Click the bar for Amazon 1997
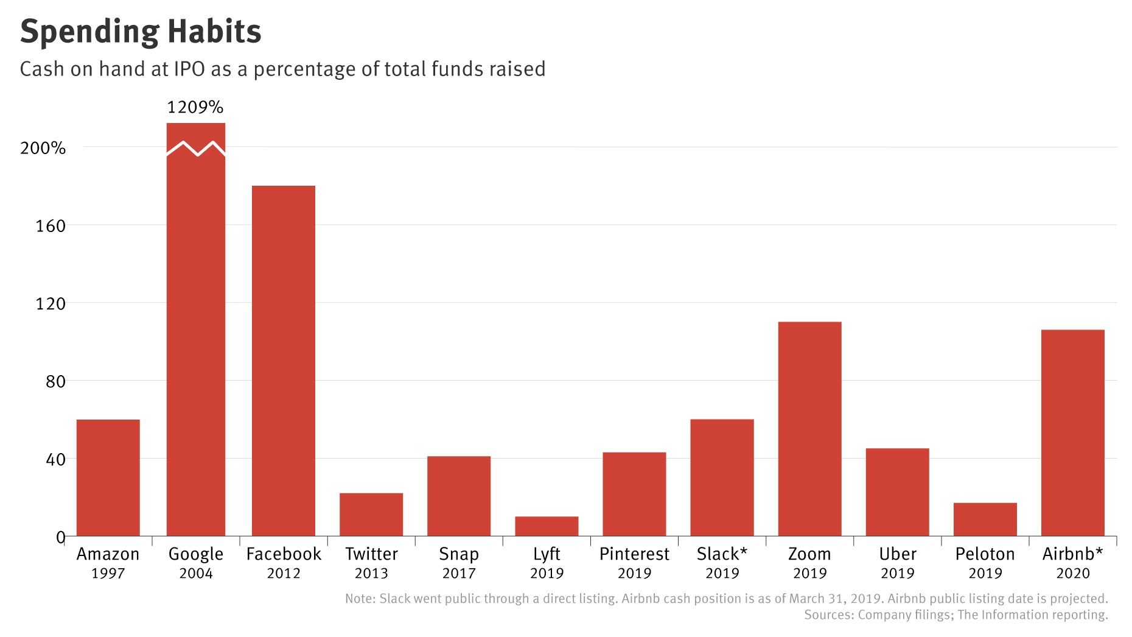[x=108, y=477]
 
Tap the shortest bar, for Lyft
[x=547, y=526]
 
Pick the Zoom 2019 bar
[x=809, y=429]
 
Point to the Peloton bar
[x=985, y=519]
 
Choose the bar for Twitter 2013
[x=371, y=515]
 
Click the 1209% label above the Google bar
[x=195, y=107]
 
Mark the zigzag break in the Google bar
[x=196, y=149]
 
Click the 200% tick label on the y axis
[x=43, y=148]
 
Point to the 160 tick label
[x=51, y=226]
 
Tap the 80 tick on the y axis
[x=55, y=382]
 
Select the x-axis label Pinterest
[x=634, y=554]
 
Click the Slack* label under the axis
[x=722, y=554]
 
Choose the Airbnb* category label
[x=1072, y=554]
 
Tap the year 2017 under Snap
[x=459, y=574]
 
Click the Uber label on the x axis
[x=897, y=554]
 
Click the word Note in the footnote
[x=359, y=599]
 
